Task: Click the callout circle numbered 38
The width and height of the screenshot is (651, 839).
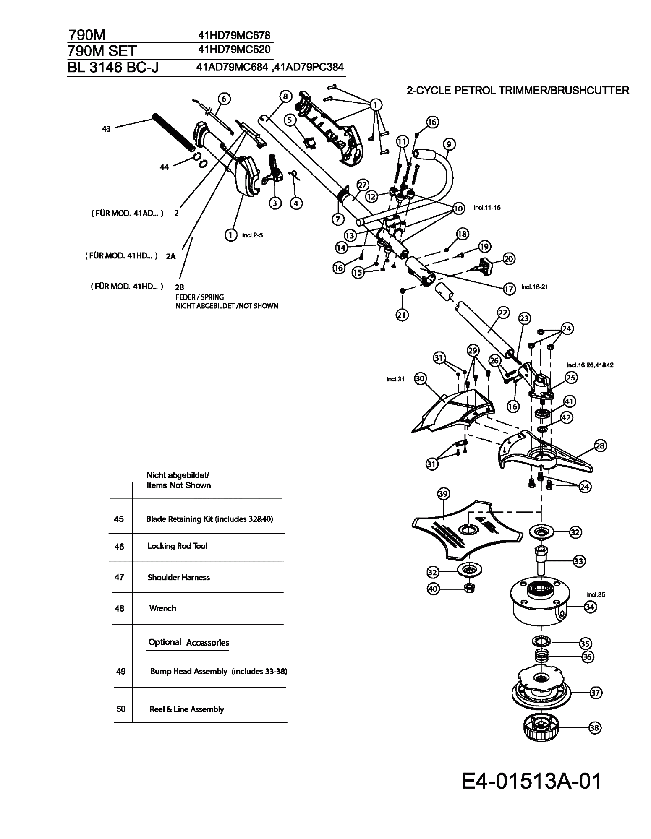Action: [595, 728]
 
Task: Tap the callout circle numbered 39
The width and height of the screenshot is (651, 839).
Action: [443, 494]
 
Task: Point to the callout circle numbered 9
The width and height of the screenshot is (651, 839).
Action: [449, 145]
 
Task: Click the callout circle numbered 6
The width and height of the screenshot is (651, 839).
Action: [224, 99]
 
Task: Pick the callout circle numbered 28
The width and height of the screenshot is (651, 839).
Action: [600, 446]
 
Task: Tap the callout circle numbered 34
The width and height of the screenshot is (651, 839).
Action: [590, 607]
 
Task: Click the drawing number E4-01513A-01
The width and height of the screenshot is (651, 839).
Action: [532, 781]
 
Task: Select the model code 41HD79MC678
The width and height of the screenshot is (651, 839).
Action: [234, 35]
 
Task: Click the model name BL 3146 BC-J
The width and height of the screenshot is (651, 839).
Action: [113, 67]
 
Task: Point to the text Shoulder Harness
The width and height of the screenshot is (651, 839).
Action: [178, 577]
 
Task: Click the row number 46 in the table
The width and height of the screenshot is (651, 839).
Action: [119, 547]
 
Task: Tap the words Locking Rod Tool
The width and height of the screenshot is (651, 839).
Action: [178, 546]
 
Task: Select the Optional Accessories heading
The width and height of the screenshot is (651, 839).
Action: [188, 642]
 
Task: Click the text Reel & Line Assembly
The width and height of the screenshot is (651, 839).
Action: [187, 709]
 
